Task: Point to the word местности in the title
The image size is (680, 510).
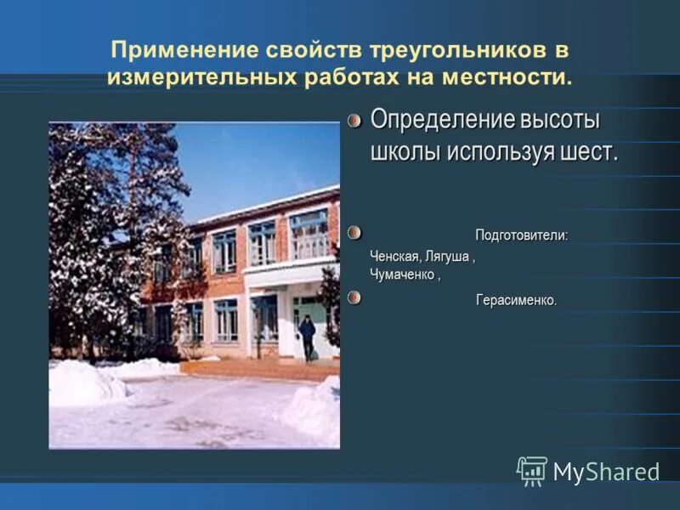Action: pyautogui.click(x=505, y=77)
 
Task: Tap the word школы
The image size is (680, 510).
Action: pyautogui.click(x=405, y=153)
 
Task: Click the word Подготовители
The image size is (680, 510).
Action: pyautogui.click(x=521, y=235)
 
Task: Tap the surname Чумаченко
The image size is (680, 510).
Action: pyautogui.click(x=404, y=275)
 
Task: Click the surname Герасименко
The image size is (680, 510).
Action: pyautogui.click(x=516, y=301)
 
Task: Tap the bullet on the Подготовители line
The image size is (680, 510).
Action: pyautogui.click(x=354, y=232)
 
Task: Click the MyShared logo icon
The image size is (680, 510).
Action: pyautogui.click(x=532, y=471)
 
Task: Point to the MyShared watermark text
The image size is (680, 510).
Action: pyautogui.click(x=606, y=473)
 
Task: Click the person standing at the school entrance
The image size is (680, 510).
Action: pyautogui.click(x=307, y=335)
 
